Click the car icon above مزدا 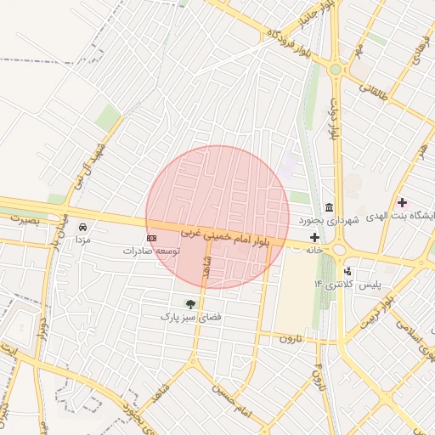click(x=82, y=228)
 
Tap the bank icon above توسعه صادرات click(x=152, y=239)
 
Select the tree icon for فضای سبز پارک click(x=190, y=303)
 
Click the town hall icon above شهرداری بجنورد click(x=329, y=208)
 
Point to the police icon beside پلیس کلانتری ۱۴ click(x=347, y=271)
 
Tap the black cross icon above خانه click(x=315, y=237)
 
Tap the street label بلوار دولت click(x=334, y=118)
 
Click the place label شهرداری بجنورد click(x=330, y=220)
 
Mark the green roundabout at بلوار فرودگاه click(x=336, y=69)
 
